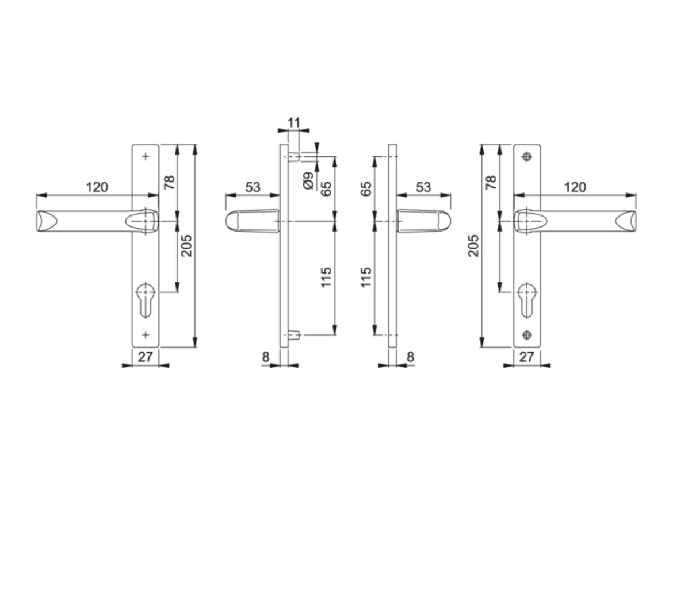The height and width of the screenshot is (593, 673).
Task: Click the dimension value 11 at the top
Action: coord(293,122)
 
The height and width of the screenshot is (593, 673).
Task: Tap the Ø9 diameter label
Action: coord(308,180)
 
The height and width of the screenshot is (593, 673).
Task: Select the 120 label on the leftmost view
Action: coord(97,187)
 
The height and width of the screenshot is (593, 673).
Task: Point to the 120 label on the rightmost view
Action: coord(575,187)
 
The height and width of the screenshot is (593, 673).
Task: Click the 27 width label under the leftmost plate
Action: coord(146,357)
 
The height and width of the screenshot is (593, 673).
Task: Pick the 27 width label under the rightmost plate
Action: coord(526,357)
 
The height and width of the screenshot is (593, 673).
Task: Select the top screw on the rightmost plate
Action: coord(526,156)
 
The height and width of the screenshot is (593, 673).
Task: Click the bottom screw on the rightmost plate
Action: coord(526,334)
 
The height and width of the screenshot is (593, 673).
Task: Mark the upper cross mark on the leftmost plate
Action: coord(146,156)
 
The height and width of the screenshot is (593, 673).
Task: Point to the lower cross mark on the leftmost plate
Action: coord(146,334)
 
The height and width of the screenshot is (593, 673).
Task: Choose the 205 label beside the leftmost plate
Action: coord(187,245)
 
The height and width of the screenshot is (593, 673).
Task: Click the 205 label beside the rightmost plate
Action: coord(473,245)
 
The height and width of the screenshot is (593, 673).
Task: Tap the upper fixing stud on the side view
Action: coord(293,156)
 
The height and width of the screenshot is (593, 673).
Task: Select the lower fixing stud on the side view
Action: coord(293,334)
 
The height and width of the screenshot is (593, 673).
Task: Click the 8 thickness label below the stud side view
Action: coord(266,357)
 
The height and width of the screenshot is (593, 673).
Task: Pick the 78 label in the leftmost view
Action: coord(169,183)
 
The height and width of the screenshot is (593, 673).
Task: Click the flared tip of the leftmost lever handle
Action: coord(45,221)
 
